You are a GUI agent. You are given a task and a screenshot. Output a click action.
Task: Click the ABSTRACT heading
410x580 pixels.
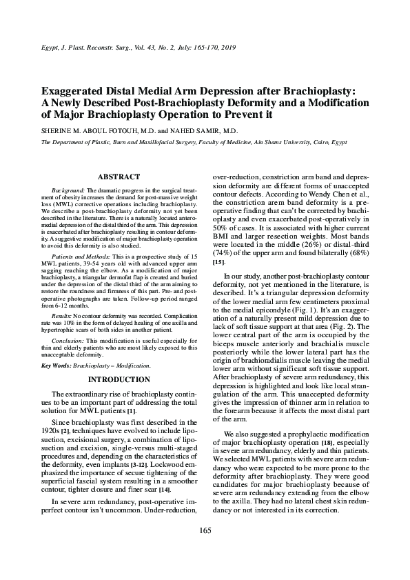tap(119, 177)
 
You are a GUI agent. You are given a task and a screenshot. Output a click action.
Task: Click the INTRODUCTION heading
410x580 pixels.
tap(119, 379)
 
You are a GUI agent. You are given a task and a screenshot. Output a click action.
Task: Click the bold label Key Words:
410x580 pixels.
tap(58, 363)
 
